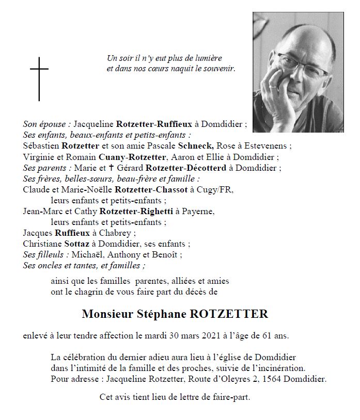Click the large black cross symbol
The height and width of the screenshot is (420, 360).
(39, 78)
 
